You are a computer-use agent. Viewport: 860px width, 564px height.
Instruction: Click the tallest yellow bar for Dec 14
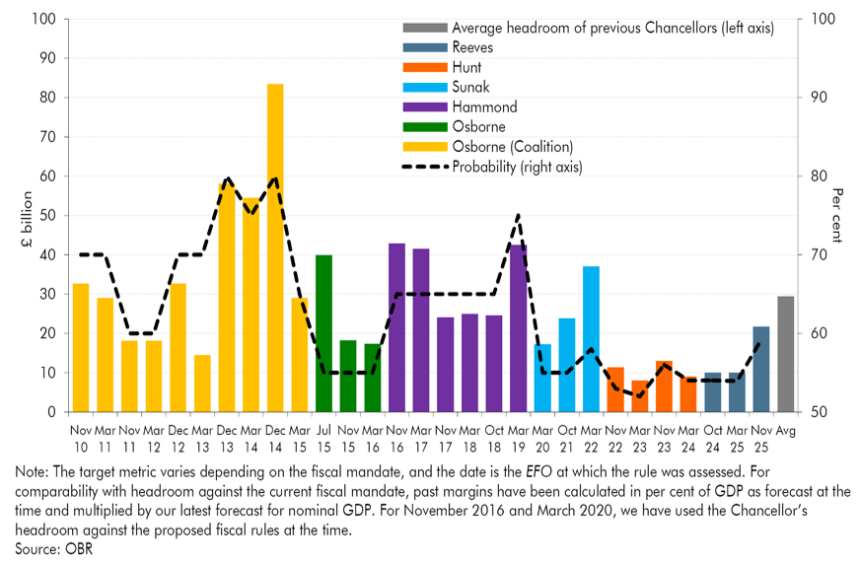[275, 247]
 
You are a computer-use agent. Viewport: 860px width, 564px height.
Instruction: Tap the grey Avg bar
[786, 354]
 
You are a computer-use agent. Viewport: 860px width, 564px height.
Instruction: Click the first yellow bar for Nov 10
[81, 347]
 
